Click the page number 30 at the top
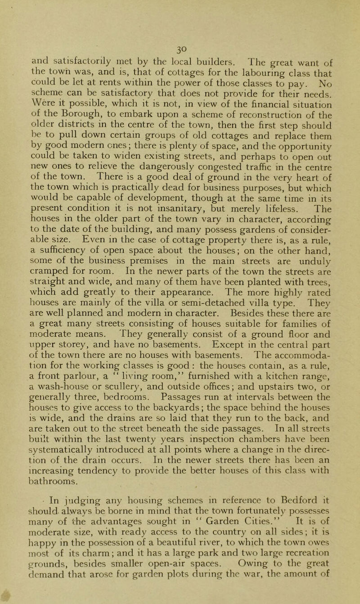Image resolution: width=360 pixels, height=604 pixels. pos(180,9)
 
